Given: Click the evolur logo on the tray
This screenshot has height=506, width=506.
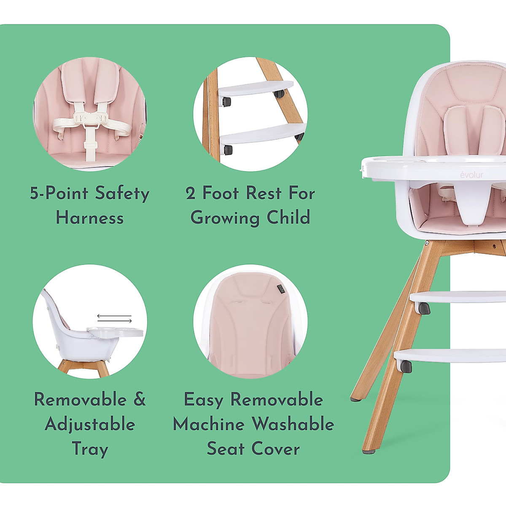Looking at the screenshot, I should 471,175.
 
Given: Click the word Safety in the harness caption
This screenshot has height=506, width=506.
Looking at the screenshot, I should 122,194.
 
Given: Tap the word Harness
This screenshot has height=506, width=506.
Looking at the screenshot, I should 90,218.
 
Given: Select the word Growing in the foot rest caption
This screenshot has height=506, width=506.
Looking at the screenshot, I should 225,218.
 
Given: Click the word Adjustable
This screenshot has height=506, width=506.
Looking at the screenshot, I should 90,424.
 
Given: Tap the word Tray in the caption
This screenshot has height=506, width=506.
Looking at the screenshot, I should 90,448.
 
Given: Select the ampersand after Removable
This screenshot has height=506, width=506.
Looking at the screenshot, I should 139,400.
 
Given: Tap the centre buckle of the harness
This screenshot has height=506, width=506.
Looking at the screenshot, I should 90,119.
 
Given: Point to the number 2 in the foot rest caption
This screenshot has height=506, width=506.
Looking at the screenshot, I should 191,194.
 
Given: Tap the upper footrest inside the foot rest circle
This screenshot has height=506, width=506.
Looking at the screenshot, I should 255,89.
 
